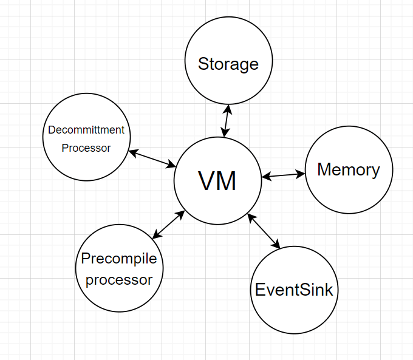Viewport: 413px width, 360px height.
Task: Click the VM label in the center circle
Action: click(217, 180)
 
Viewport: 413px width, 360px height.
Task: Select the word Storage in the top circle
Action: click(228, 64)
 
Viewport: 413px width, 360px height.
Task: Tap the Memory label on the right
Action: click(348, 169)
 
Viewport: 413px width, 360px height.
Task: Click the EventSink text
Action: click(294, 290)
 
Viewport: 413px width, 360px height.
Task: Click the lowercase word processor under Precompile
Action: click(119, 279)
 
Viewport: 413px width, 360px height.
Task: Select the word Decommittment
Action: click(86, 130)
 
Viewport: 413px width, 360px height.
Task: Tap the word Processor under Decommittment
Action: click(86, 148)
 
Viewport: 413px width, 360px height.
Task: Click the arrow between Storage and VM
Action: click(227, 121)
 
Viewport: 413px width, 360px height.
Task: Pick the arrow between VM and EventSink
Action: click(264, 231)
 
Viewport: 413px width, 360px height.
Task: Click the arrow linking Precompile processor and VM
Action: click(168, 224)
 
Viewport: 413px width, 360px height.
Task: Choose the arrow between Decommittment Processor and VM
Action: click(152, 158)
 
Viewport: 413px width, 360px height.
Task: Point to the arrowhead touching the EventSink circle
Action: click(278, 246)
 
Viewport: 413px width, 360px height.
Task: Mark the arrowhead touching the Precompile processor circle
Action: click(155, 236)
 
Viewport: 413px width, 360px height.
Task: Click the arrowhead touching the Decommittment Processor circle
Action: click(132, 152)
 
